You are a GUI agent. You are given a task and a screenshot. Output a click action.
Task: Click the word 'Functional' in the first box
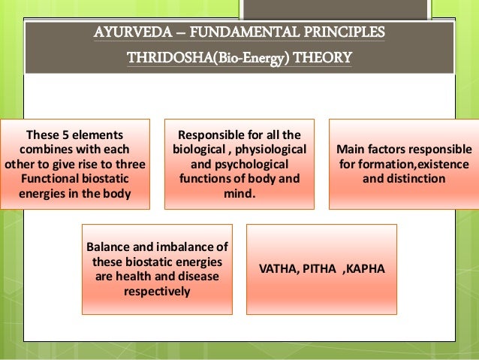coord(51,179)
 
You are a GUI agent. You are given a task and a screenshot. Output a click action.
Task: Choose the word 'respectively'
coord(157,290)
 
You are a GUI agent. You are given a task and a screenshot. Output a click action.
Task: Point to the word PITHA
coord(320,268)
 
